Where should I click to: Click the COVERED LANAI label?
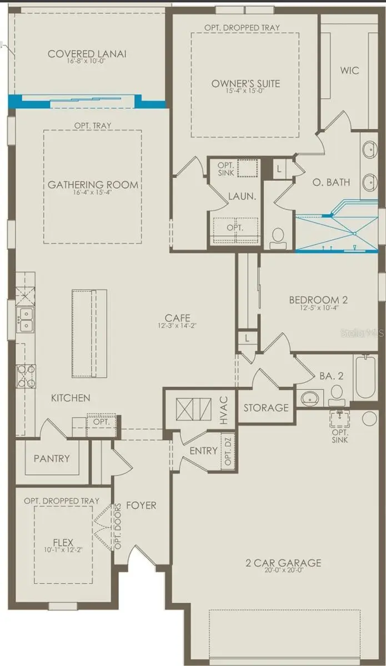(87, 54)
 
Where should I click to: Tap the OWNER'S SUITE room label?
(245, 84)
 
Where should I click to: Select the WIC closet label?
(350, 70)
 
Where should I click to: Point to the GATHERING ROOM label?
(93, 185)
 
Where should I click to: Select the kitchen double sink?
(26, 320)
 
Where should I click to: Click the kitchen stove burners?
(26, 375)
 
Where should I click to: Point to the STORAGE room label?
(266, 408)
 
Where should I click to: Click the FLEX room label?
(63, 541)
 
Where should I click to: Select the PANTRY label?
(52, 458)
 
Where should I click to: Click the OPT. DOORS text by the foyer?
(118, 526)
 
